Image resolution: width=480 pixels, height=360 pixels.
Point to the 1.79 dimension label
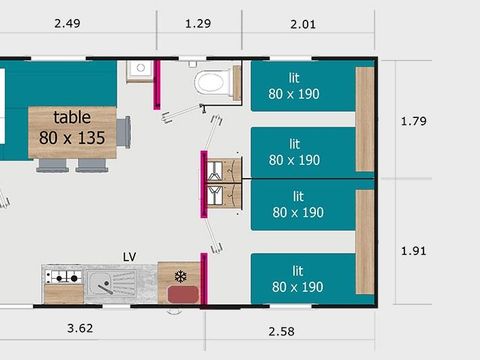[x=413, y=122]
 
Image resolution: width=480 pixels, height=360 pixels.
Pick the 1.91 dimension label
[x=413, y=250]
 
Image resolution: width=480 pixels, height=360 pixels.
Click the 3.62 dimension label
[x=81, y=327]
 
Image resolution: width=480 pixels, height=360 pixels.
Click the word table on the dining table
[x=71, y=118]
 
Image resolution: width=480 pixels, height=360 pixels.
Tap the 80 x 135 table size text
[x=72, y=137]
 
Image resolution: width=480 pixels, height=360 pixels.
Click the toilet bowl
[x=211, y=81]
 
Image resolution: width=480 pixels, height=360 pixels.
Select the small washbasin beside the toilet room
[x=139, y=70]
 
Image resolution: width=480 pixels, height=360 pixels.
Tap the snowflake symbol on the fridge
[x=180, y=276]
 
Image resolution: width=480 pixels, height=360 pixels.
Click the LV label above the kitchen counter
[x=129, y=256]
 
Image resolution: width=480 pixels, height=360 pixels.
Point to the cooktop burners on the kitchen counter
[x=63, y=277]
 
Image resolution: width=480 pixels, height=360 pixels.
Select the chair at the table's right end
[x=123, y=131]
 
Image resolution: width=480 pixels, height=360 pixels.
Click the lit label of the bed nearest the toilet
[x=295, y=75]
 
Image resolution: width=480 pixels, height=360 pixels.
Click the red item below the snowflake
[x=182, y=294]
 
